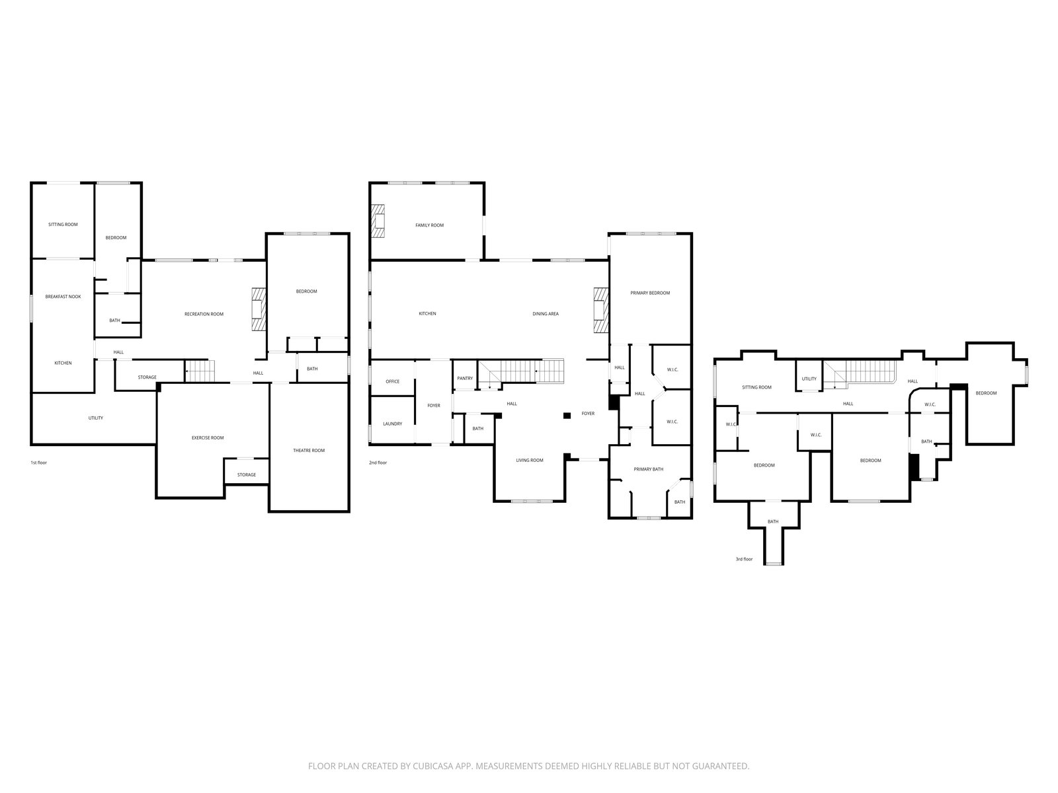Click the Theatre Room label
(309, 451)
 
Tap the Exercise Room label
(208, 438)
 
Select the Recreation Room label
(204, 315)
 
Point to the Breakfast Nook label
(63, 297)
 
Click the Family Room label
(429, 225)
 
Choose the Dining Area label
(546, 314)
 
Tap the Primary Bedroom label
(650, 293)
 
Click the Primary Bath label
(648, 469)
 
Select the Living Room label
(530, 461)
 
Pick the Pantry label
(465, 379)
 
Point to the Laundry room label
(392, 424)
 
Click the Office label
(392, 382)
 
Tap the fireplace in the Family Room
(378, 221)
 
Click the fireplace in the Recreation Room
(259, 309)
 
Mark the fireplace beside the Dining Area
(601, 310)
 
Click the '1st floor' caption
(38, 463)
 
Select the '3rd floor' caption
(744, 560)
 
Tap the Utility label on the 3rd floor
(809, 379)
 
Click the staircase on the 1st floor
(200, 371)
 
